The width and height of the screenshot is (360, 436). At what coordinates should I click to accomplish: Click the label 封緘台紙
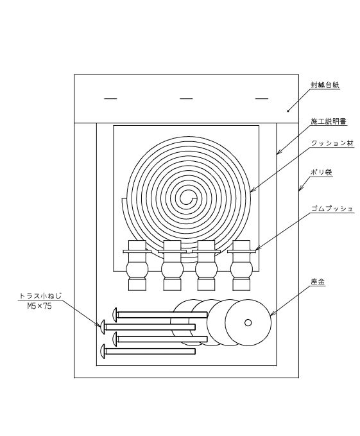(x=325, y=85)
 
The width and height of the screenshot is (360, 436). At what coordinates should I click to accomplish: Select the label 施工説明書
(x=329, y=121)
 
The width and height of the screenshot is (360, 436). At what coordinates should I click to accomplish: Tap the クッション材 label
(x=332, y=143)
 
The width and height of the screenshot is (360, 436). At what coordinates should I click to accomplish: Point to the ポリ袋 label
(x=321, y=172)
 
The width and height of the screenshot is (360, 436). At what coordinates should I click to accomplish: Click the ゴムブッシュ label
(x=332, y=209)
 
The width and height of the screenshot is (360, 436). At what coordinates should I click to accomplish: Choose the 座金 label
(x=318, y=282)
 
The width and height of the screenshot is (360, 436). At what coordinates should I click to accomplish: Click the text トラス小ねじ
(x=40, y=296)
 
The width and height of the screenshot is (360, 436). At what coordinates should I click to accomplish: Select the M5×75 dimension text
(x=39, y=306)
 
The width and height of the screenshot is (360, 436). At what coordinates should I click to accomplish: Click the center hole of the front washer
(x=248, y=322)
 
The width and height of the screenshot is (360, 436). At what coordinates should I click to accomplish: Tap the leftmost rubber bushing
(x=137, y=266)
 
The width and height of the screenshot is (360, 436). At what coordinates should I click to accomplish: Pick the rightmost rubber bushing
(x=241, y=266)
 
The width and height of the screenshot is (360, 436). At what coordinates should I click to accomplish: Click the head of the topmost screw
(x=114, y=315)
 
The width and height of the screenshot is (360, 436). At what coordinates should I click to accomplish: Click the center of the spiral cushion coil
(x=187, y=198)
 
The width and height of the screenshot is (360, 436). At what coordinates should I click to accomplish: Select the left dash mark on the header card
(x=110, y=98)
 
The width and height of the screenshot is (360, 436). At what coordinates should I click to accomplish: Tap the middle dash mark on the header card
(x=186, y=98)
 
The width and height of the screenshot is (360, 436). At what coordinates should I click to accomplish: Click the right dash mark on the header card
(x=262, y=98)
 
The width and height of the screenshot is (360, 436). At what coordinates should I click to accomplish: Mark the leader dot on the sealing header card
(x=288, y=111)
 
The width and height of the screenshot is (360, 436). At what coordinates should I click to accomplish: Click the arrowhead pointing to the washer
(x=273, y=313)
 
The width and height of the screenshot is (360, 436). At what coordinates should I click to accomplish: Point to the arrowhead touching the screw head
(x=98, y=324)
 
